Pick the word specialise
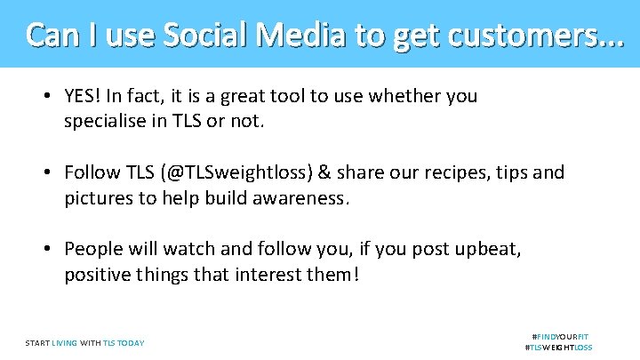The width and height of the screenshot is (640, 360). coord(107,121)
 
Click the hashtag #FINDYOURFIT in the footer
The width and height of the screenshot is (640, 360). coord(559,337)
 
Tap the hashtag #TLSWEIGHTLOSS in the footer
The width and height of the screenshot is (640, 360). coord(559,348)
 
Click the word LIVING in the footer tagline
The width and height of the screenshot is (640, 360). coord(64,343)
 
